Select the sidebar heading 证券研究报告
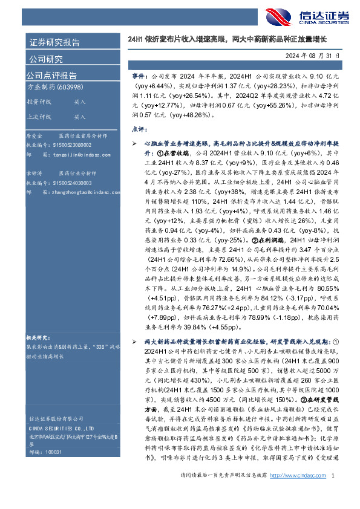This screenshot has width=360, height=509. (54, 43)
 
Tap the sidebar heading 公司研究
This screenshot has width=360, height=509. (46, 59)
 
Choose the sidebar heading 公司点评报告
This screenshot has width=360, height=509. (51, 76)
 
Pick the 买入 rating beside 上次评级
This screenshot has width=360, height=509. (80, 117)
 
